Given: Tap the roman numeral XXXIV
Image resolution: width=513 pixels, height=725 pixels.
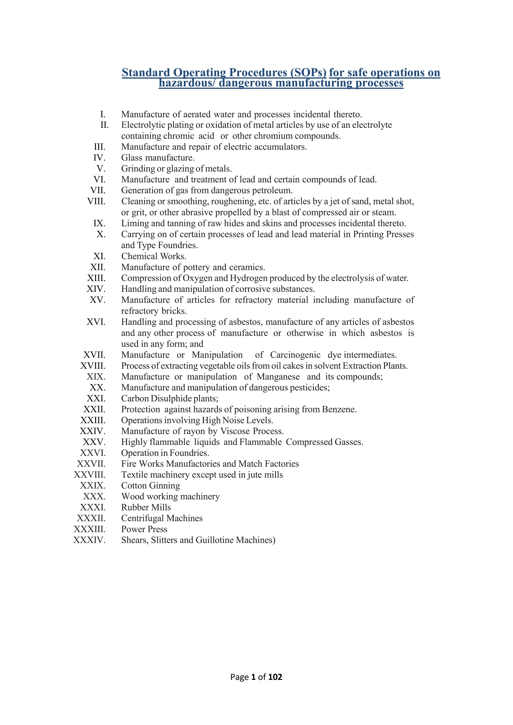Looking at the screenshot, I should point(89,540).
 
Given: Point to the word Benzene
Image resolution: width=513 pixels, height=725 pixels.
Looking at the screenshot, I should point(339,409).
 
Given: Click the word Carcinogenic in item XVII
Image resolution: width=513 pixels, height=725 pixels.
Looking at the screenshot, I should point(295,355).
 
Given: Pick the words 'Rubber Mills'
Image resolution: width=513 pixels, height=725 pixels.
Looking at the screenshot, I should point(146,507).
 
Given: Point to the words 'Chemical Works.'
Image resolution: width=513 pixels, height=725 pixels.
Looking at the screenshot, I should point(154,256).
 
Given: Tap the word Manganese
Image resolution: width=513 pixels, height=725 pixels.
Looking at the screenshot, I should point(278,377).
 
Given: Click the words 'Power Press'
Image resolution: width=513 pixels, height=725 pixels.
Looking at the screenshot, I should point(144,529).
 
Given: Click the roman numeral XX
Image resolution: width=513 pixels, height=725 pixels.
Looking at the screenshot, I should point(98,388).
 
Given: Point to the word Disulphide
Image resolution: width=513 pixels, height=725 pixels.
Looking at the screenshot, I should point(171,399).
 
